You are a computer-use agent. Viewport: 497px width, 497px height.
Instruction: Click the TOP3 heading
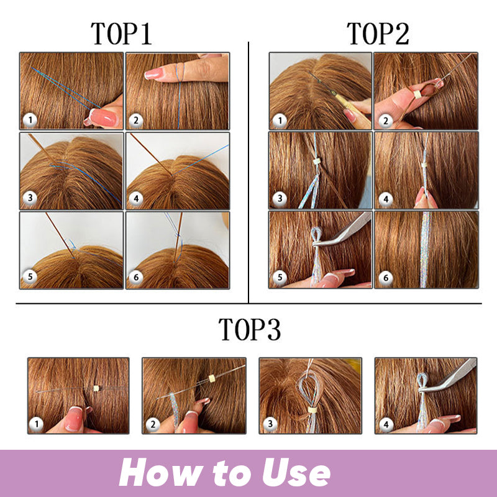coord(250,329)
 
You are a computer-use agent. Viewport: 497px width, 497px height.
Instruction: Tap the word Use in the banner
coord(293,474)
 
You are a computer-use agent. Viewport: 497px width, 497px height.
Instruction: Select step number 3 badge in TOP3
coord(269,424)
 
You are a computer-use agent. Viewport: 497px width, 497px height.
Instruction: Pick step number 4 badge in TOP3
coord(385,424)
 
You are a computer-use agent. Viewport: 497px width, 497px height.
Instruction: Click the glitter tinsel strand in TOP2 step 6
coord(426,248)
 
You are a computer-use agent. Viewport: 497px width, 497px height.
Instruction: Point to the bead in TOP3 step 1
coord(96,388)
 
